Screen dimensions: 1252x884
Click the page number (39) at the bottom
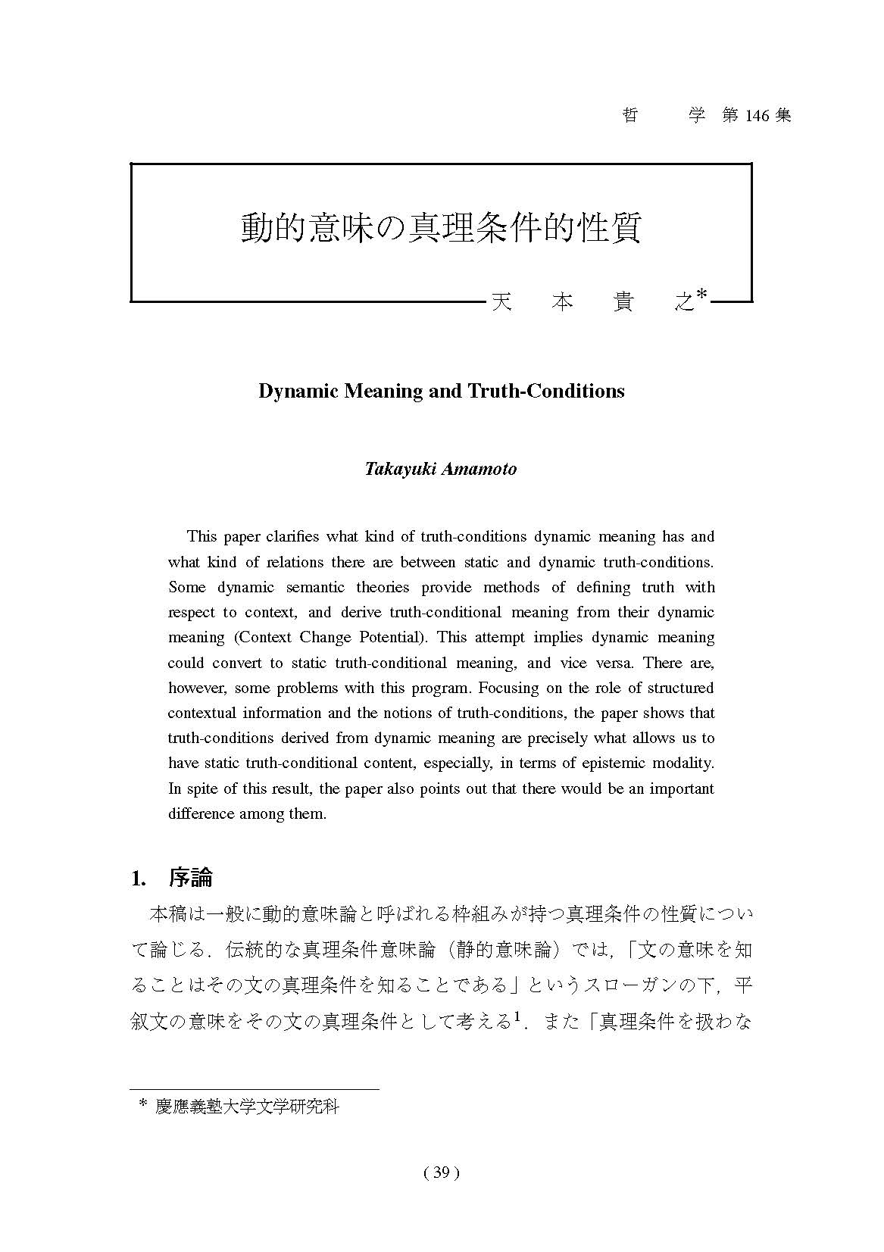pyautogui.click(x=442, y=1173)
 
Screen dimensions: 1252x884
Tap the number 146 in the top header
pyautogui.click(x=757, y=116)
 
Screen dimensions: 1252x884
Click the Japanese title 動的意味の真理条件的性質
pyautogui.click(x=441, y=227)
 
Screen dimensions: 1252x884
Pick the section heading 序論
pyautogui.click(x=191, y=878)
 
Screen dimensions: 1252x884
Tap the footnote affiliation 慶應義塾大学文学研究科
pyautogui.click(x=247, y=1107)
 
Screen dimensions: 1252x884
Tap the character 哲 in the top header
pyautogui.click(x=629, y=116)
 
